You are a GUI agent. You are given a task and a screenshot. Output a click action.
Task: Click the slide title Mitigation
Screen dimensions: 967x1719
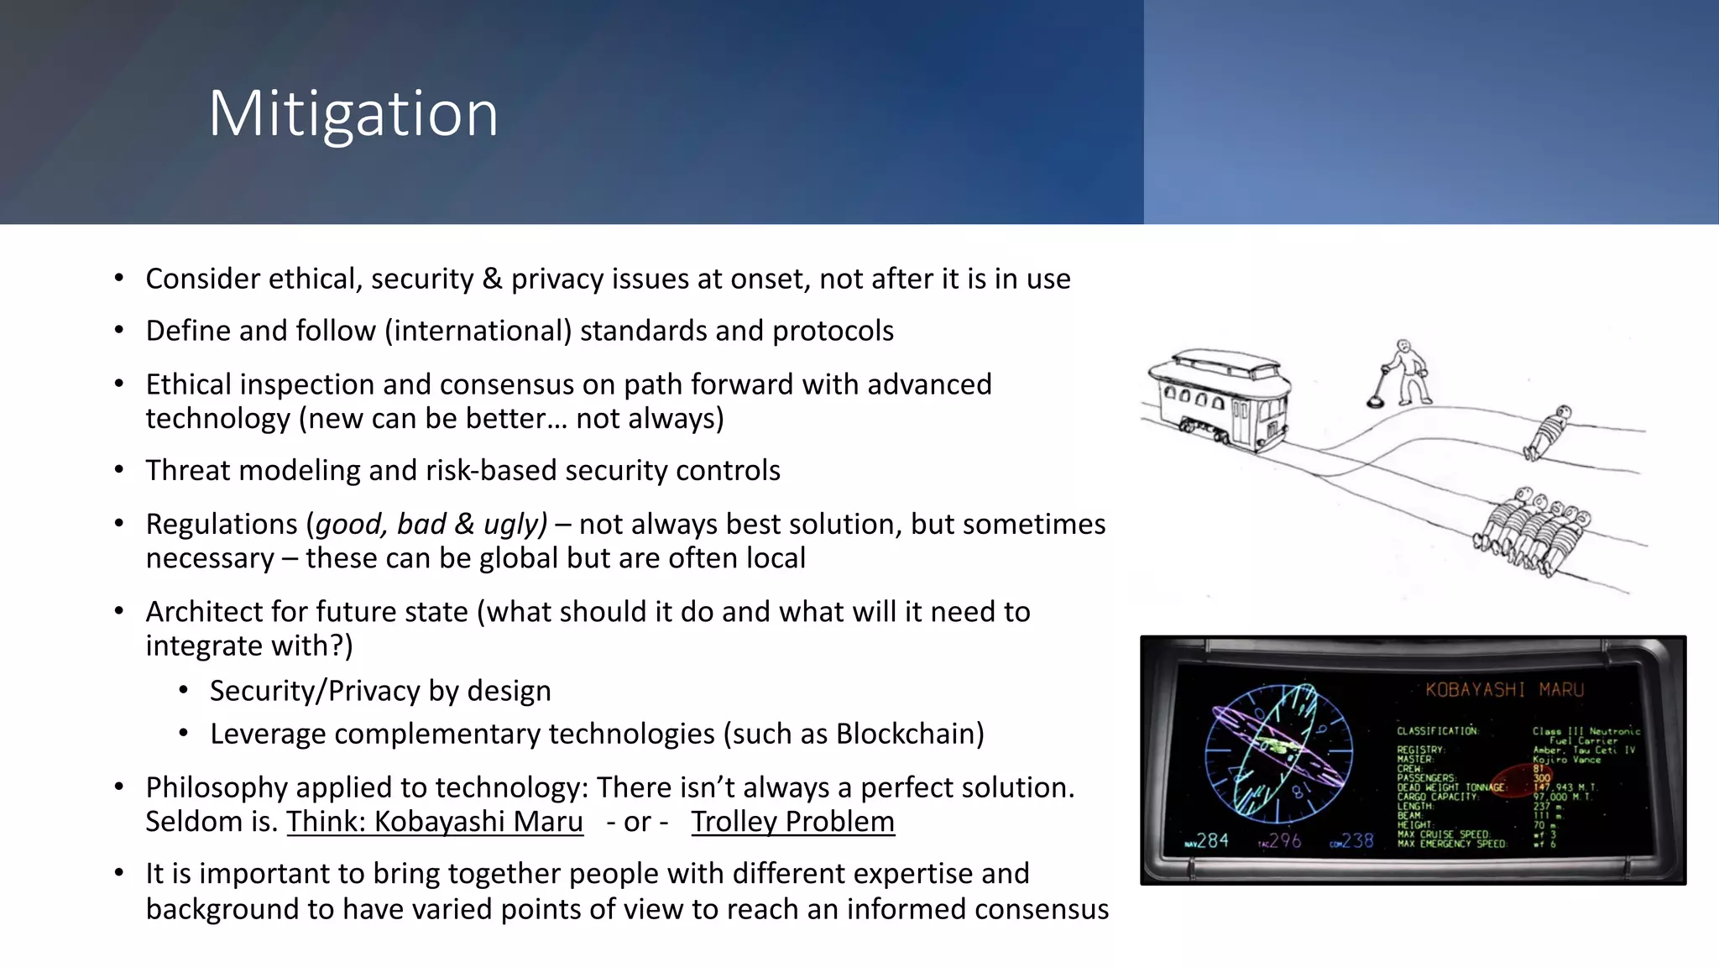pyautogui.click(x=353, y=113)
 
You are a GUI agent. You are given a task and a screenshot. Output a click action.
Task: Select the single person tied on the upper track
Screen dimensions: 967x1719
pyautogui.click(x=1549, y=432)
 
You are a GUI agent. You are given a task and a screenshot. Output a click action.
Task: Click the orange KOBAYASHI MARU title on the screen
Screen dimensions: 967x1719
pyautogui.click(x=1504, y=690)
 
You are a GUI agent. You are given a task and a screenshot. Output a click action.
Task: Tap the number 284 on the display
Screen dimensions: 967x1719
pyautogui.click(x=1211, y=840)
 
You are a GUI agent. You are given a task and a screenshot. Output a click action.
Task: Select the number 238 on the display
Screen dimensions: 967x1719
pyautogui.click(x=1357, y=840)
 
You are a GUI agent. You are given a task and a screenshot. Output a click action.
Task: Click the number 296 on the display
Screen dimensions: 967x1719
pyautogui.click(x=1284, y=840)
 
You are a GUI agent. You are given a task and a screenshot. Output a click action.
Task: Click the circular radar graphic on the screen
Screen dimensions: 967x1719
pyautogui.click(x=1278, y=752)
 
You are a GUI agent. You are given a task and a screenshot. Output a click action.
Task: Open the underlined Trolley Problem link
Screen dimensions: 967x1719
pyautogui.click(x=792, y=821)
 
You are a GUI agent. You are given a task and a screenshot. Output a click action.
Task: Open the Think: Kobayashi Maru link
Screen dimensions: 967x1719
pyautogui.click(x=435, y=821)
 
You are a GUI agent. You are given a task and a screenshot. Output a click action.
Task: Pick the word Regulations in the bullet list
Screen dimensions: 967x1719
pyautogui.click(x=222, y=524)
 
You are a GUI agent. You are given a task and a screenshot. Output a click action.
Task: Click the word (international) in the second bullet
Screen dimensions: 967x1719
pyautogui.click(x=478, y=331)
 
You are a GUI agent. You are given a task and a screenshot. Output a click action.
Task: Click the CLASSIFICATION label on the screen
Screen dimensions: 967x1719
pyautogui.click(x=1437, y=731)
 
